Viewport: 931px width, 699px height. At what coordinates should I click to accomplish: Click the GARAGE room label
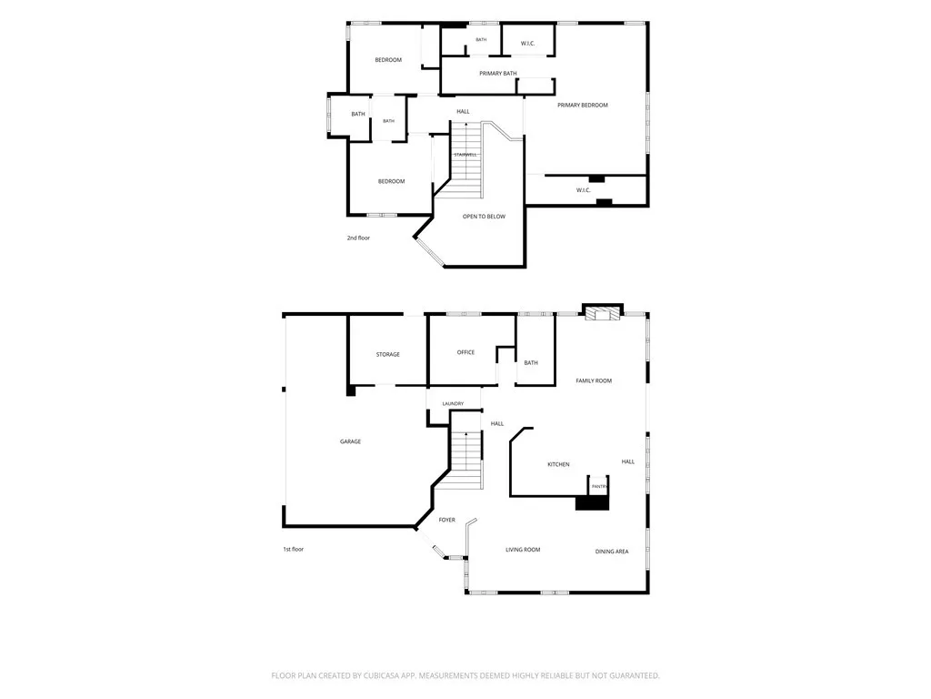tap(350, 441)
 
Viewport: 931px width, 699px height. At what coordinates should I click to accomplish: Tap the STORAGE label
tap(387, 354)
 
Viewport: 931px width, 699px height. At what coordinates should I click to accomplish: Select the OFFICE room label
tap(465, 352)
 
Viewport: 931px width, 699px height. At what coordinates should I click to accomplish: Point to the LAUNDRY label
tap(453, 403)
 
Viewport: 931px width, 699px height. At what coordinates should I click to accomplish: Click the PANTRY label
tap(600, 487)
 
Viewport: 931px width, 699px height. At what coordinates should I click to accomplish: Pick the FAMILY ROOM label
tap(594, 380)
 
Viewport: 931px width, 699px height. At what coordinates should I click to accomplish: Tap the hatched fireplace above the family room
tap(602, 313)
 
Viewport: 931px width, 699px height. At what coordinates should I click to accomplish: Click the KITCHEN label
tap(558, 464)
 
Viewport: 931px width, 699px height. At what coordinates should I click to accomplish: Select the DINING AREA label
tap(612, 552)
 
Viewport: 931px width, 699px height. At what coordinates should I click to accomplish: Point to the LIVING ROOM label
tap(523, 550)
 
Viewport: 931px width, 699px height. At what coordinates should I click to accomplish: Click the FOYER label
tap(447, 520)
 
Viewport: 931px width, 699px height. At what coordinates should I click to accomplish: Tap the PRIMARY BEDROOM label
tap(583, 106)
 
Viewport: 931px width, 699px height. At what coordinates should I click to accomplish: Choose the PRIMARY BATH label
tap(498, 73)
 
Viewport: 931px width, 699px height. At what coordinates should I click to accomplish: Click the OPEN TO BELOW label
tap(484, 217)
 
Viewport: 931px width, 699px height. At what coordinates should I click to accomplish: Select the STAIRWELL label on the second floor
tap(465, 155)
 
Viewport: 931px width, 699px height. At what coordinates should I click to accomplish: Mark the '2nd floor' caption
tap(358, 238)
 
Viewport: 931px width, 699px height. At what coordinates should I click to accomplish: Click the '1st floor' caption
tap(294, 549)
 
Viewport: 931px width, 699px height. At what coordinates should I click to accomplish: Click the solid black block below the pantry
tap(593, 502)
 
